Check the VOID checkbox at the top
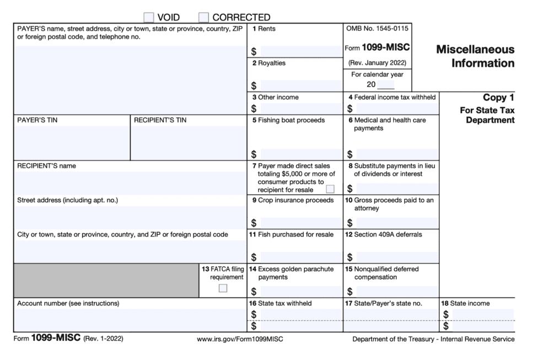coord(148,17)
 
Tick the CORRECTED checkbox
coord(203,17)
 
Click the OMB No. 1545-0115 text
coord(377,28)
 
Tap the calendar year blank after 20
coord(386,85)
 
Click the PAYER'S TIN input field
coord(72,142)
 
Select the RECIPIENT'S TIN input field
coord(188,142)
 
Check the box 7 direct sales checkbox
coord(330,189)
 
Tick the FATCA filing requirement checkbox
coord(223,288)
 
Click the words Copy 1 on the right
coord(498,98)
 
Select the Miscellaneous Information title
coord(475,56)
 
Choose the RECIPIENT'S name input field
coord(130,182)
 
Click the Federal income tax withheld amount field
coord(397,109)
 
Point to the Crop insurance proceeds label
coord(295,200)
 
